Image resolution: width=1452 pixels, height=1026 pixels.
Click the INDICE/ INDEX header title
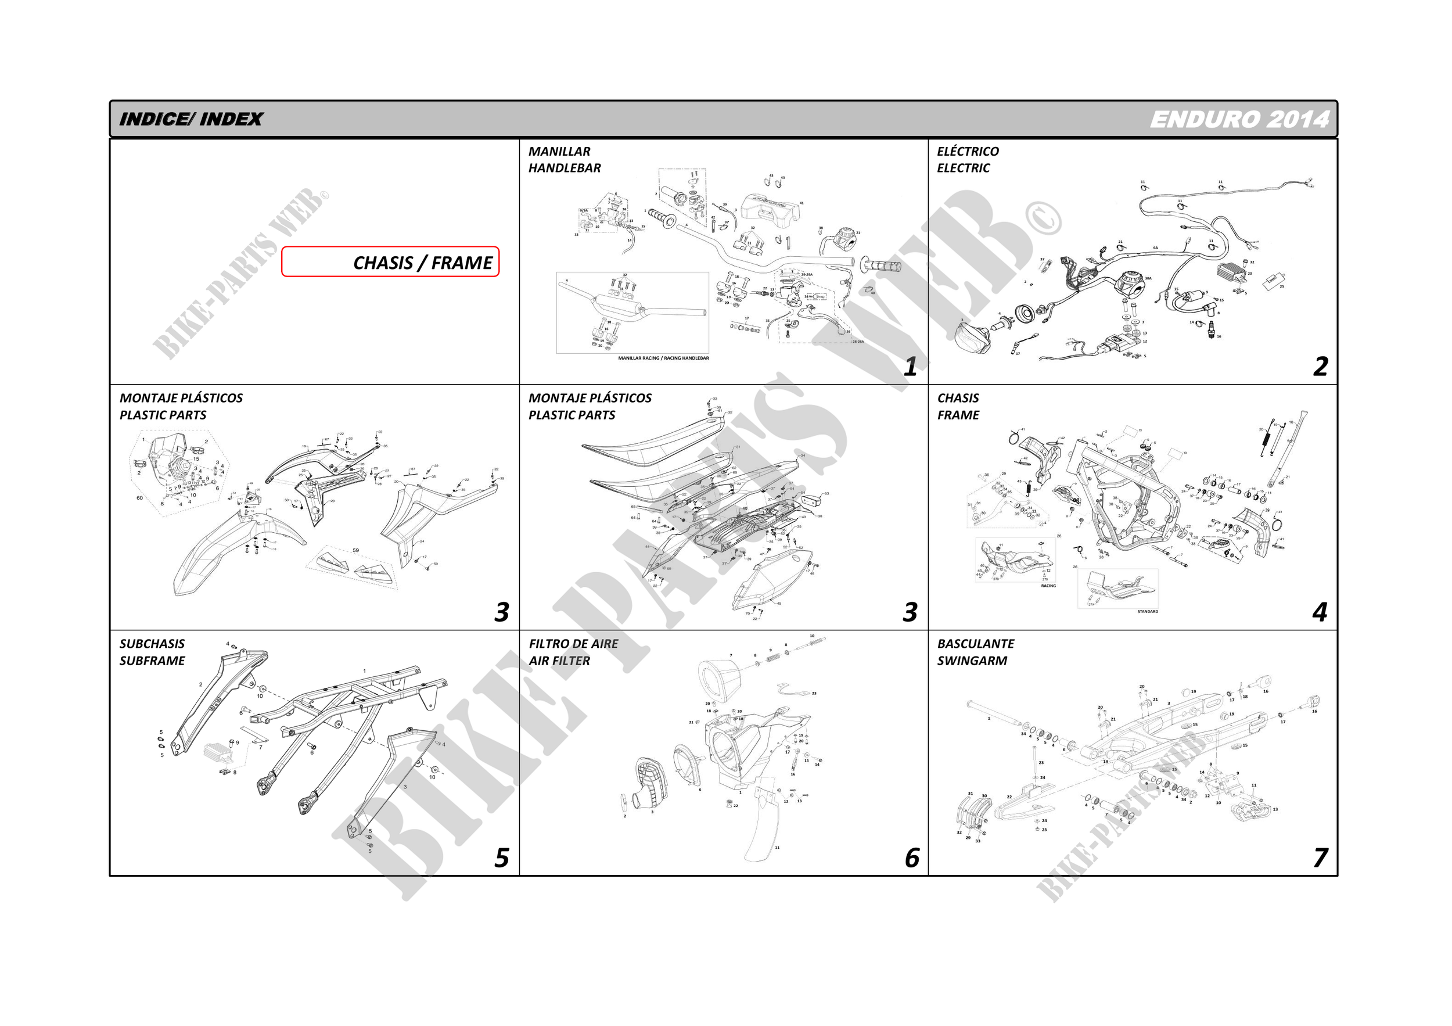pos(191,119)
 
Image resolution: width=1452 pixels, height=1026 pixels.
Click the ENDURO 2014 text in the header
pos(1239,119)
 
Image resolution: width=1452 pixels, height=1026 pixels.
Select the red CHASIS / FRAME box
pos(390,262)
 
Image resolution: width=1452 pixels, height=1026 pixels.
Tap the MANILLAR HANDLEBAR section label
pos(564,159)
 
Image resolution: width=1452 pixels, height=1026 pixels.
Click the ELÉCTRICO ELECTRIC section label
pos(968,159)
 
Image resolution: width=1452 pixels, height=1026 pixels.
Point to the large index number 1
pos(910,366)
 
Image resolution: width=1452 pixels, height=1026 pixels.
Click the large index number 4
pos(1319,612)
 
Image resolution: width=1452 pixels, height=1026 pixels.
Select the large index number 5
pos(501,858)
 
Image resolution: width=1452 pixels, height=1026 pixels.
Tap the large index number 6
pos(911,858)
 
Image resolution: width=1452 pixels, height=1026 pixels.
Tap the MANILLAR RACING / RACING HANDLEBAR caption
pos(663,358)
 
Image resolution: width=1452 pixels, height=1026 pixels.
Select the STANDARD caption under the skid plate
pos(1147,612)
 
